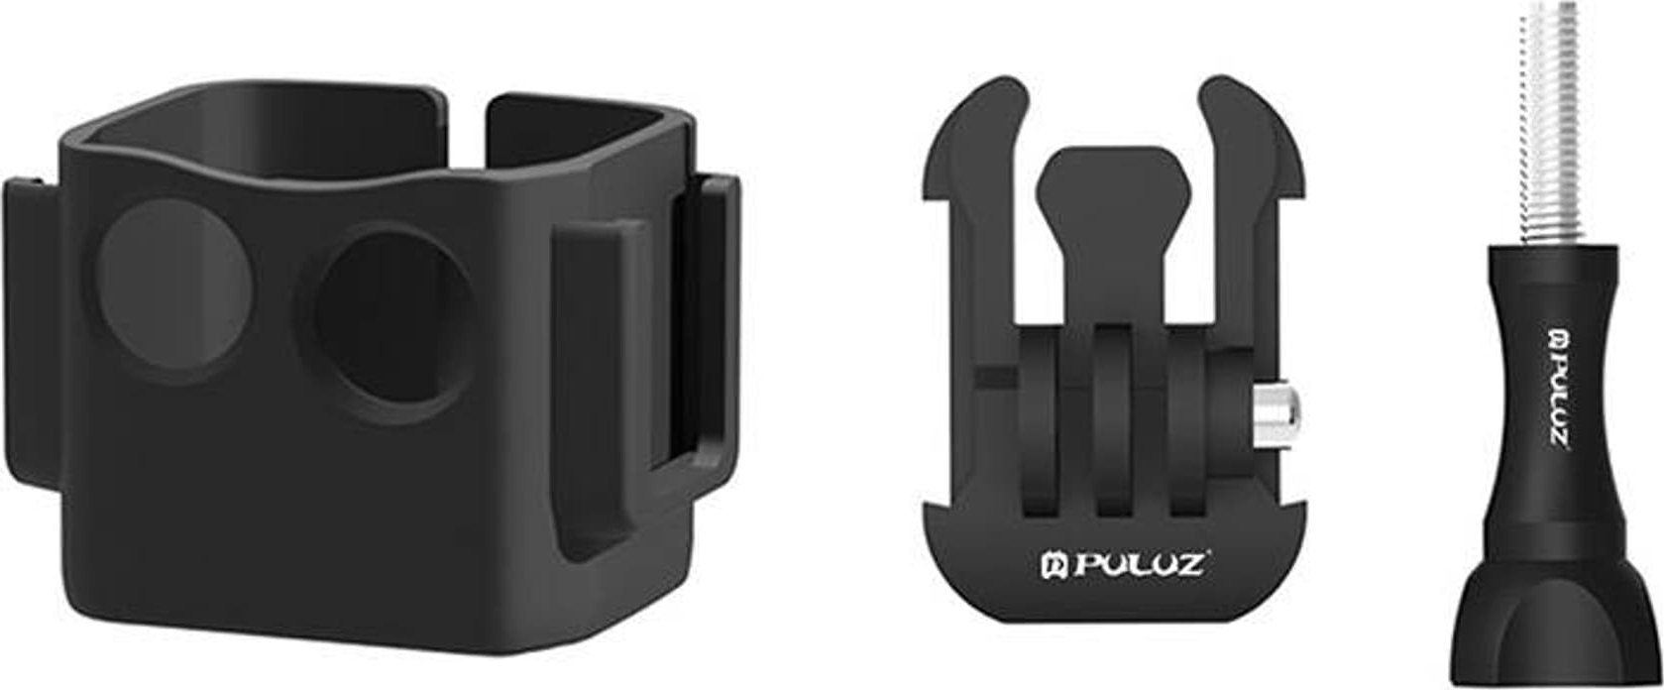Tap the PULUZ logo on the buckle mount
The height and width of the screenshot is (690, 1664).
click(x=1126, y=564)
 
